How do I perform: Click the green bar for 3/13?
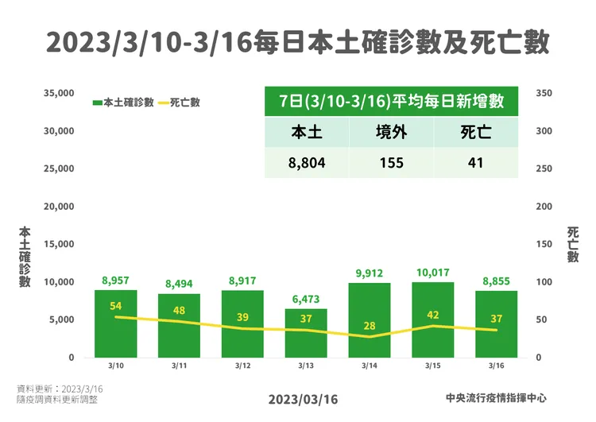tap(306, 334)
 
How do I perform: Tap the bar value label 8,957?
tap(115, 280)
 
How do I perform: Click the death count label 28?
tap(370, 326)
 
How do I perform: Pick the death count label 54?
tap(115, 306)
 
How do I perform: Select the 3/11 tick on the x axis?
tap(179, 366)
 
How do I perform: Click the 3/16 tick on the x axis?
tap(497, 366)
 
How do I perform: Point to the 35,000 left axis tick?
tap(56, 93)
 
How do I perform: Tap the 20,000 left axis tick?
tap(56, 207)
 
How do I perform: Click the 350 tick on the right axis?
tap(544, 93)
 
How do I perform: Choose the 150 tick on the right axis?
tap(544, 245)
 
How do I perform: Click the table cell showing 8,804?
tap(307, 163)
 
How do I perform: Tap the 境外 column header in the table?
tap(391, 134)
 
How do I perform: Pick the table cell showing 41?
tap(476, 163)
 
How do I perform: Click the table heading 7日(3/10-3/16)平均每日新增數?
tap(391, 103)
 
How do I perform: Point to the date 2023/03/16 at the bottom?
tap(303, 399)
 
